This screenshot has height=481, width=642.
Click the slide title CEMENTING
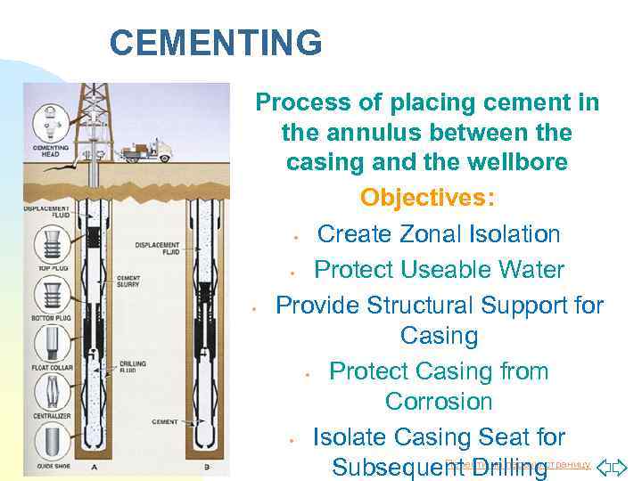pyautogui.click(x=215, y=42)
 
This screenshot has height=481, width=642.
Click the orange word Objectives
pyautogui.click(x=428, y=196)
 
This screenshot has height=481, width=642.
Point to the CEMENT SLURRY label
pyautogui.click(x=129, y=282)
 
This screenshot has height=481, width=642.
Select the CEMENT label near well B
pyautogui.click(x=165, y=421)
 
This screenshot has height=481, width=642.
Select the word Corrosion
pyautogui.click(x=439, y=402)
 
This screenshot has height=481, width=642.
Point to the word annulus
pyautogui.click(x=366, y=134)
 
